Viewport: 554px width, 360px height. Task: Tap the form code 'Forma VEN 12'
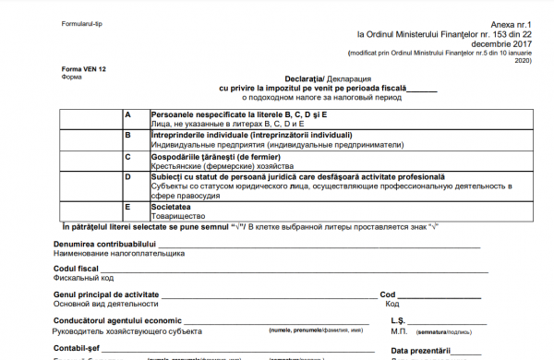pyautogui.click(x=83, y=69)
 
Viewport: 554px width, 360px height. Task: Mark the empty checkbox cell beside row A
pyautogui.click(x=90, y=119)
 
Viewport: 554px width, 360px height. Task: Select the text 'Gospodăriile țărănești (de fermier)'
pyautogui.click(x=213, y=156)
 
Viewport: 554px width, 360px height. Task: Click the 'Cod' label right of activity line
pyautogui.click(x=388, y=294)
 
